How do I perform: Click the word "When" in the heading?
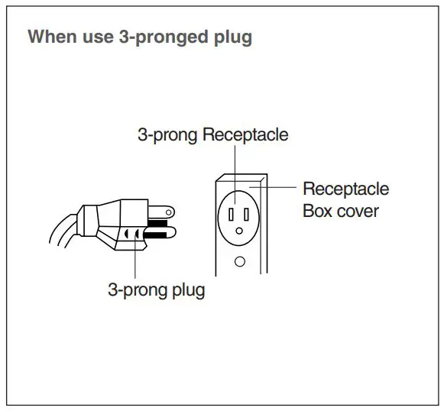coord(53,36)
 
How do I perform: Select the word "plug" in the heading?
coord(233,37)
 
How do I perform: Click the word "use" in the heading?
coord(98,37)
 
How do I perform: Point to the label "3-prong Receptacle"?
coord(213,134)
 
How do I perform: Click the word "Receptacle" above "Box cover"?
coord(345,189)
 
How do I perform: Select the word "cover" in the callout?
coord(358,212)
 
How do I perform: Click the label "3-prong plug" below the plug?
coord(157,290)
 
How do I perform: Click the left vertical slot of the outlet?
coord(231,214)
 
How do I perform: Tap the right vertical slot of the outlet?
coord(246,214)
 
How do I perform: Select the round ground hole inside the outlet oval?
coord(239,231)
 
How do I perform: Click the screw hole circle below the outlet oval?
coord(240,262)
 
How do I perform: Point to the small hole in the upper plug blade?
coord(168,212)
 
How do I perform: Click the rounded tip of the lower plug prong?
coord(173,233)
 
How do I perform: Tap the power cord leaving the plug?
coord(63,231)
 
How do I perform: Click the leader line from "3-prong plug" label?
coord(135,255)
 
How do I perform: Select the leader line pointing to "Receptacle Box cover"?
coord(273,187)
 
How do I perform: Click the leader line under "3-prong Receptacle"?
coord(235,175)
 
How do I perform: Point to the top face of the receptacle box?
coord(241,177)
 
